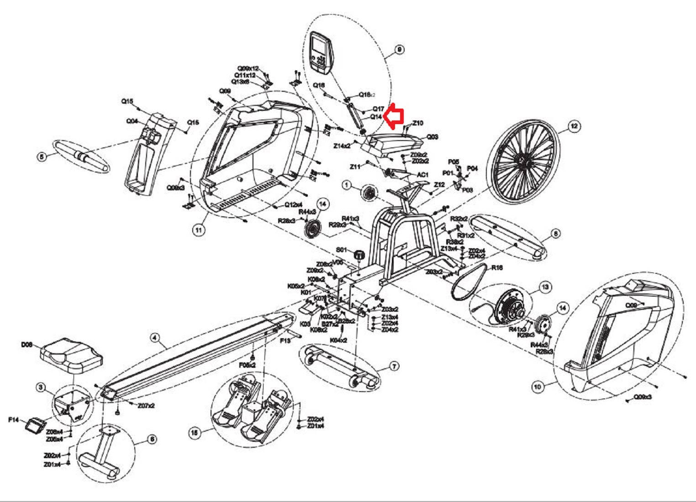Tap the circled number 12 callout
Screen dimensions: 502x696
[x=574, y=125]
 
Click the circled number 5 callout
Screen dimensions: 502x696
[x=42, y=157]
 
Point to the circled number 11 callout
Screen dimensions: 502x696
[x=198, y=230]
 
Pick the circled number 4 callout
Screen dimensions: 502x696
[x=155, y=338]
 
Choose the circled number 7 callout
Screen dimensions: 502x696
[x=394, y=366]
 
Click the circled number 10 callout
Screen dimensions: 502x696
[x=538, y=387]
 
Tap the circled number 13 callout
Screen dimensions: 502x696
[x=545, y=287]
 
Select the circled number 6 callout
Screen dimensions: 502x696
[x=152, y=439]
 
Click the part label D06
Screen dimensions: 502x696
[x=26, y=345]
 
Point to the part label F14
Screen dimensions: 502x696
[x=14, y=419]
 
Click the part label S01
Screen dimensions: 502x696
[x=342, y=250]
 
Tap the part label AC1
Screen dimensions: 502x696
[x=422, y=175]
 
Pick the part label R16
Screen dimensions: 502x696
[x=497, y=267]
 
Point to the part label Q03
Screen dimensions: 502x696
[x=432, y=137]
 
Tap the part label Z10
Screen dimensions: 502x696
[x=417, y=123]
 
